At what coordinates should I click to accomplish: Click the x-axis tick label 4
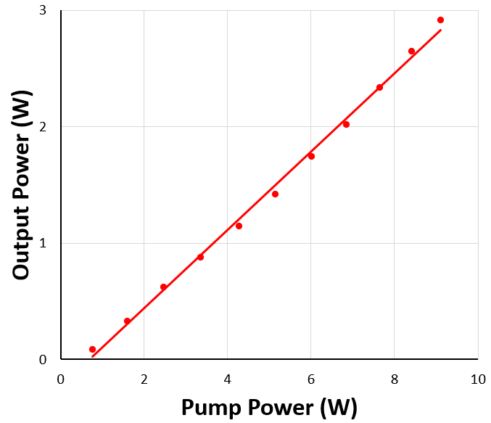[x=227, y=379]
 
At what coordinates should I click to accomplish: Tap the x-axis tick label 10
[x=477, y=379]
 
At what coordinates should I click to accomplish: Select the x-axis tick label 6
[x=311, y=379]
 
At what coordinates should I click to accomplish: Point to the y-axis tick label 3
[x=44, y=11]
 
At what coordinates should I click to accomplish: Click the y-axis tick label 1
[x=44, y=243]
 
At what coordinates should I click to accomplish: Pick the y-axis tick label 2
[x=44, y=127]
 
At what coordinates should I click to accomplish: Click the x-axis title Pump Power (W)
[x=269, y=407]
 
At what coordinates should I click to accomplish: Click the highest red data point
[x=440, y=20]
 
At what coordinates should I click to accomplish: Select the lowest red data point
[x=92, y=349]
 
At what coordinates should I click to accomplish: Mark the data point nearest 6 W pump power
[x=311, y=156]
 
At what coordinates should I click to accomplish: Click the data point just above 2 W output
[x=346, y=124]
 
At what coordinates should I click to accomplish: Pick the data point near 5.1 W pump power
[x=275, y=194]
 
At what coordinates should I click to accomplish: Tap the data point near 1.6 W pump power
[x=127, y=321]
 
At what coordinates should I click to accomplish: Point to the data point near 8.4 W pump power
[x=411, y=51]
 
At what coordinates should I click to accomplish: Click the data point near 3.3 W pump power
[x=200, y=257]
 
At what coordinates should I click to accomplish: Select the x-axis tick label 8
[x=395, y=379]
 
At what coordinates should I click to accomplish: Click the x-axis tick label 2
[x=144, y=379]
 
